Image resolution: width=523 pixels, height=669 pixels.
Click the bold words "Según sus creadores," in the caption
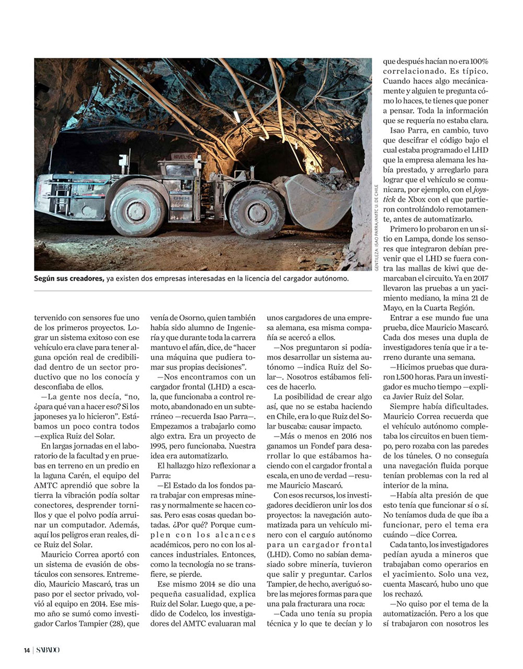[69, 278]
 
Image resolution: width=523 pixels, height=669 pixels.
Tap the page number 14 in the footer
[26, 650]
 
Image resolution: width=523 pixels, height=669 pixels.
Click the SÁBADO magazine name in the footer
[48, 650]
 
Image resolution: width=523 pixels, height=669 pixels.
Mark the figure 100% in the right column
[477, 61]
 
